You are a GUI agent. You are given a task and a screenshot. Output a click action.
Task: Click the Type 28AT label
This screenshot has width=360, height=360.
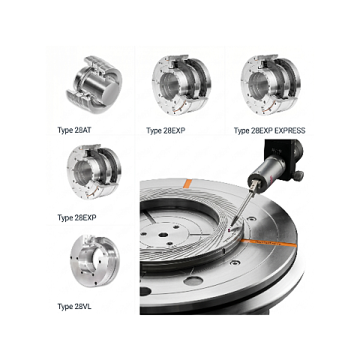click(74, 130)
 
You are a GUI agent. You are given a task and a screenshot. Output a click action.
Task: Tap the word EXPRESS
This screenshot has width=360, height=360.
click(289, 130)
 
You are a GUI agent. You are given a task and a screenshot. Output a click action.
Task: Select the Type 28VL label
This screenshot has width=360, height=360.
click(74, 307)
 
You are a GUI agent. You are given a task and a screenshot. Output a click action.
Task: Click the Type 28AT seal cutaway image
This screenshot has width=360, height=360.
click(94, 85)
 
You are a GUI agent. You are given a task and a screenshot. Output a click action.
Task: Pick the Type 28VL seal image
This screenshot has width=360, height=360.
click(94, 261)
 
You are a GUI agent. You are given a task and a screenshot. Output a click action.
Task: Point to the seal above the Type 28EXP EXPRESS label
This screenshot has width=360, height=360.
click(271, 85)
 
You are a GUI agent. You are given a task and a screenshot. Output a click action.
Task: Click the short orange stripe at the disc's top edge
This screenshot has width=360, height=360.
click(187, 184)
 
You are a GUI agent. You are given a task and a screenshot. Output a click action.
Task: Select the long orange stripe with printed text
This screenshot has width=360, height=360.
click(268, 243)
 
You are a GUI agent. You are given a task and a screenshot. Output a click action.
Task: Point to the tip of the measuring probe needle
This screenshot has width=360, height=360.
click(232, 224)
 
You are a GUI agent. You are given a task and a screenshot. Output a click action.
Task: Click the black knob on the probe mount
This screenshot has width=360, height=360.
click(299, 175)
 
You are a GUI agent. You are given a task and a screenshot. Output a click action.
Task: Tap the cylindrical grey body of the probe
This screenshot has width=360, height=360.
click(268, 167)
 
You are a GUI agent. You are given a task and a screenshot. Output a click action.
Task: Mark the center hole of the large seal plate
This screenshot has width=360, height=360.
click(163, 235)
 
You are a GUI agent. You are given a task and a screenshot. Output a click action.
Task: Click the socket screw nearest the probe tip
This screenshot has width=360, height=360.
click(251, 219)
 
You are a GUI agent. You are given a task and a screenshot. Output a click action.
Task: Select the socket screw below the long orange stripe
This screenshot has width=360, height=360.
click(234, 263)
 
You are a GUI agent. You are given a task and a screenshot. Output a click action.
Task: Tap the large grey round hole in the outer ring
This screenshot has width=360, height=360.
click(193, 281)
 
